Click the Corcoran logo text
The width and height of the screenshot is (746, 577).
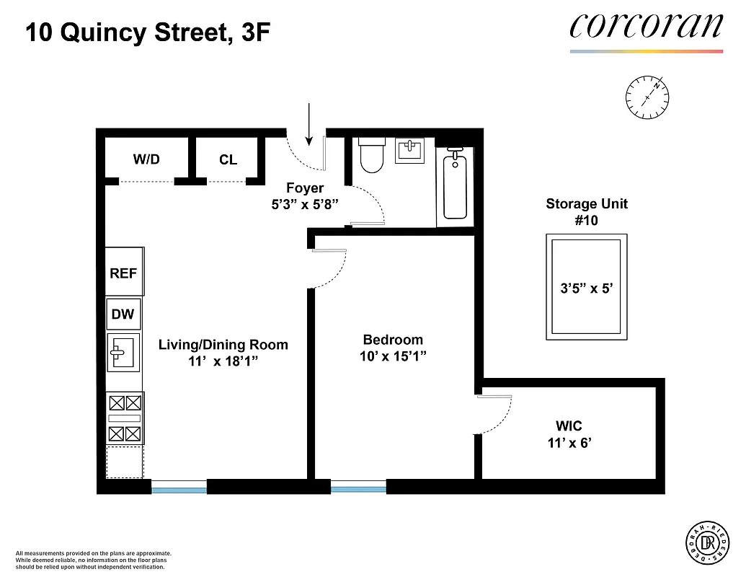point(646,26)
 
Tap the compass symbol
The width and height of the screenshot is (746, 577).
point(647,96)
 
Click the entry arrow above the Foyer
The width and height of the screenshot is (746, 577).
point(308,123)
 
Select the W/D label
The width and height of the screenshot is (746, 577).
point(146,159)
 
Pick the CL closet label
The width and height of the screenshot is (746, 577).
point(228,159)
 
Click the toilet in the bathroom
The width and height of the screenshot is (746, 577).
point(371,156)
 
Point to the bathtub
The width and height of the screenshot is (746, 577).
point(455,185)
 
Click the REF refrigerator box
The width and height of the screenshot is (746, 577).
point(123,273)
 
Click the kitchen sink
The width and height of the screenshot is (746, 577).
point(124,352)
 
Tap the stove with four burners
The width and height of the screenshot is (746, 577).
point(124,418)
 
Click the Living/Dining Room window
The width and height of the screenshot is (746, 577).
point(179,489)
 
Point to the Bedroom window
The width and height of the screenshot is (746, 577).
point(358,489)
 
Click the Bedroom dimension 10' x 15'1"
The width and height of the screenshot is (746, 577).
point(393,356)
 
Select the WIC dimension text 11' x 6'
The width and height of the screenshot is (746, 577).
point(569,443)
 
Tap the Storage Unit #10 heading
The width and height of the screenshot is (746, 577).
point(586,212)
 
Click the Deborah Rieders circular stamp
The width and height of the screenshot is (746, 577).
point(705,541)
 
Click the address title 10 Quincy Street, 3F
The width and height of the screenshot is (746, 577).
point(148,32)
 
